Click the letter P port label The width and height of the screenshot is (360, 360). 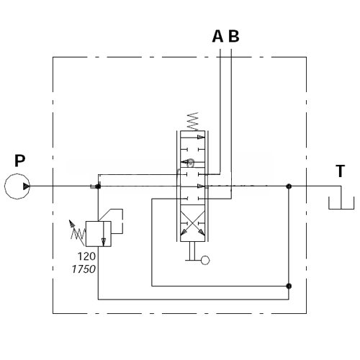coord(20,161)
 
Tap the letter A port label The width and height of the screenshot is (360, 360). coord(217,36)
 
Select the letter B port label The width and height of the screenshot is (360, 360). coord(234,36)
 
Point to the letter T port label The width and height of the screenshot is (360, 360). coord(340,171)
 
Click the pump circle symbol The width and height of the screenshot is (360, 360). coord(17,174)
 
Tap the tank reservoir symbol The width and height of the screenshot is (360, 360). coord(341,209)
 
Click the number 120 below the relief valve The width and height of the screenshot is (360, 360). coord(86,256)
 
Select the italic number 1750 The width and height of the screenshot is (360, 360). coord(84,269)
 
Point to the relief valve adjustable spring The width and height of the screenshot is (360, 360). coord(78,233)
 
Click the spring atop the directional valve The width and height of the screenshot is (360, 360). coord(193,121)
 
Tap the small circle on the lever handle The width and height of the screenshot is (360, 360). coord(205,261)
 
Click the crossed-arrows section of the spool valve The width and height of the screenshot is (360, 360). coord(192,223)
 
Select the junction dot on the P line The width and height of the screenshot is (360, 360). coord(98,186)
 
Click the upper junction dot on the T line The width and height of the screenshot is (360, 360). coord(289,186)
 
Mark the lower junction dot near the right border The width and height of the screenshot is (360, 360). coord(289,286)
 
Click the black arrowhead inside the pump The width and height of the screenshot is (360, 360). coord(27,186)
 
